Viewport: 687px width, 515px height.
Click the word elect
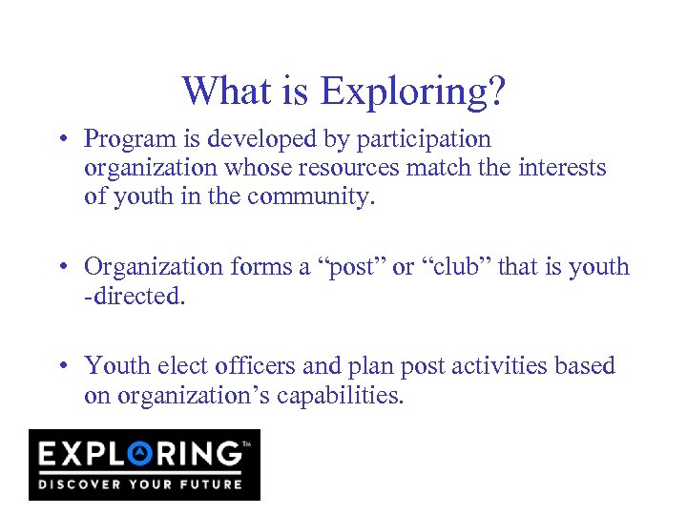[185, 365]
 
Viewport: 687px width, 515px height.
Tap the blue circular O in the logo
[142, 452]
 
